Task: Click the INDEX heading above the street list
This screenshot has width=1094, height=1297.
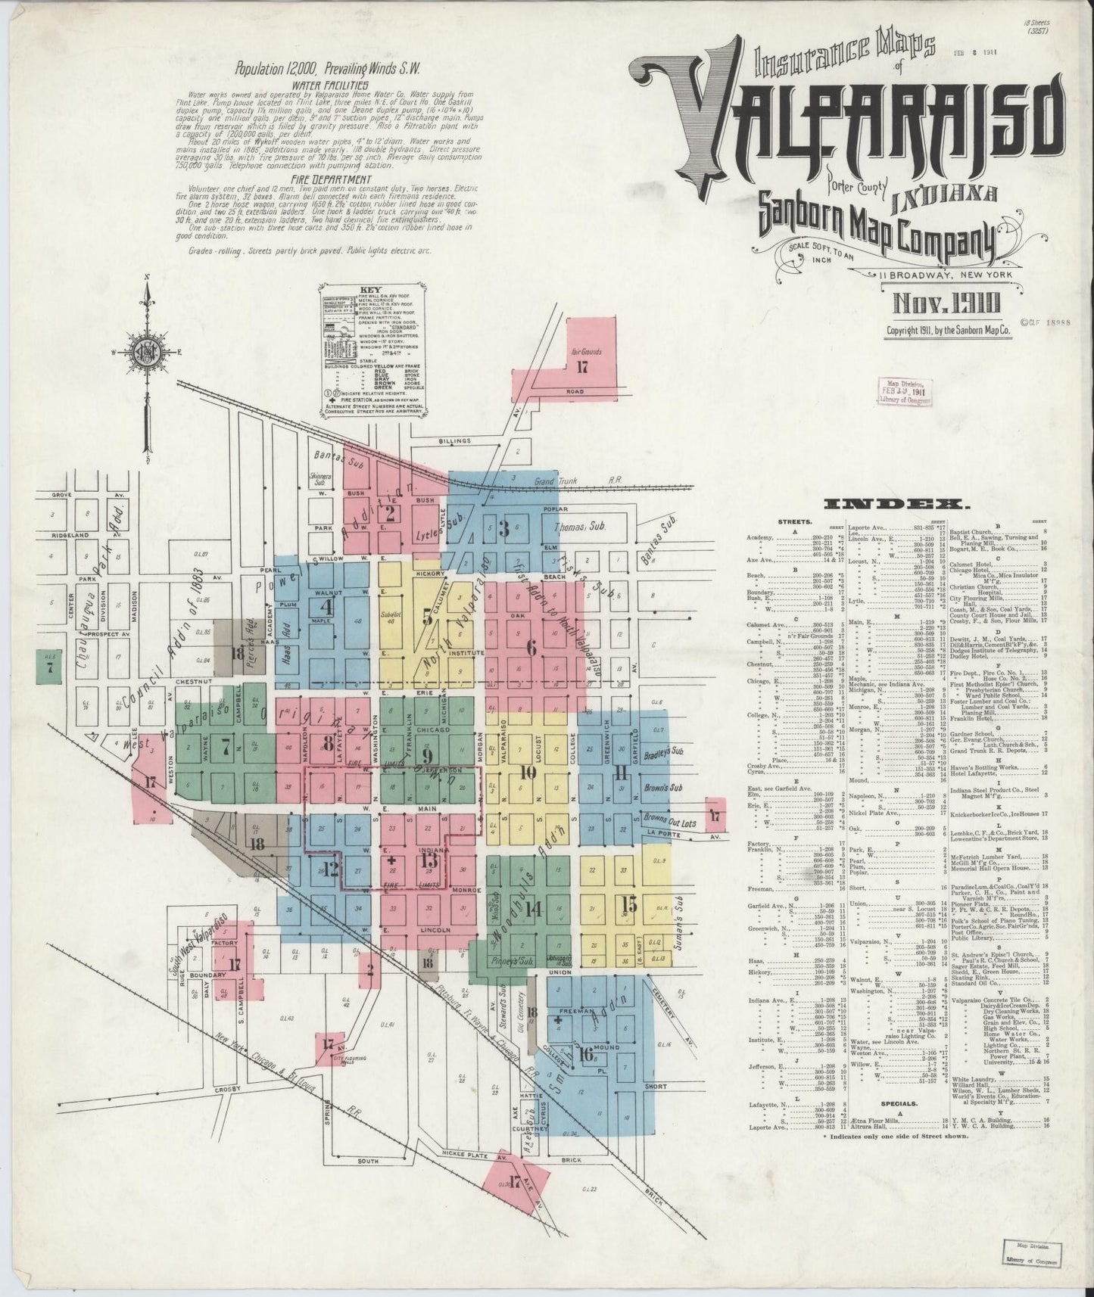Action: (897, 504)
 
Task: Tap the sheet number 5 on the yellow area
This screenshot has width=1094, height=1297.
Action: (429, 617)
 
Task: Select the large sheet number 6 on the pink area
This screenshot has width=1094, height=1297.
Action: (531, 647)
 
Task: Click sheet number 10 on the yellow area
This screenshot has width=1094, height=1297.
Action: (528, 773)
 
